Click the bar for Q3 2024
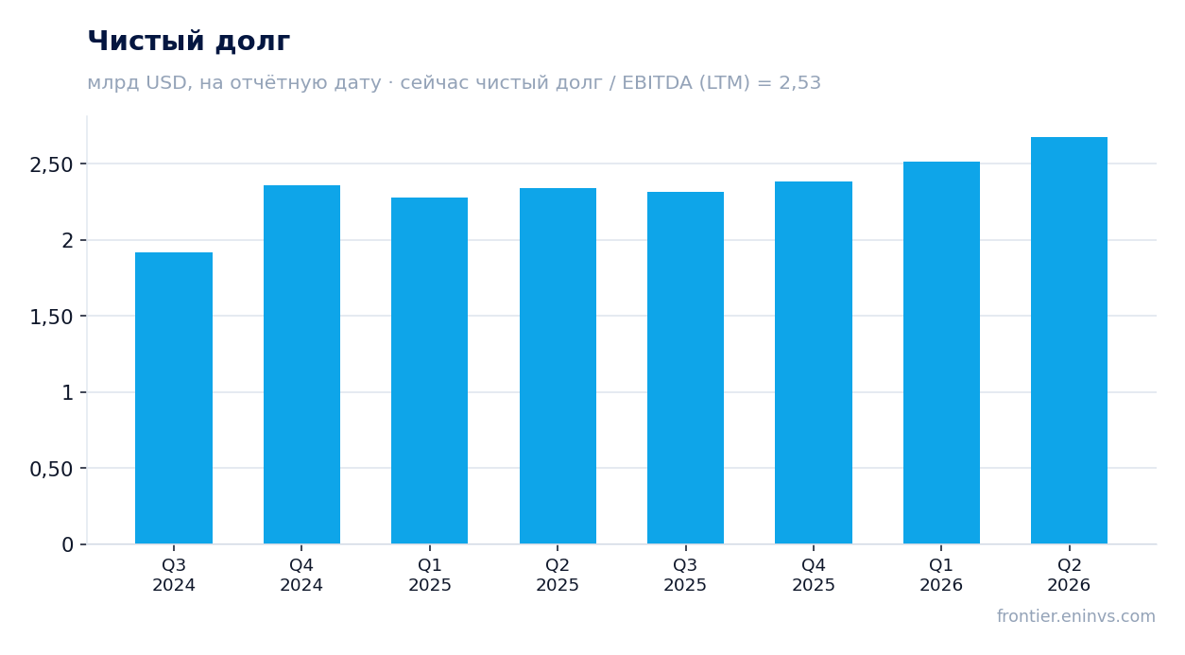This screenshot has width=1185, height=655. (174, 398)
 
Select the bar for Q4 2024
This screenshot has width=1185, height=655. (301, 365)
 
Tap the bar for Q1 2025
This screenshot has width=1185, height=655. (430, 371)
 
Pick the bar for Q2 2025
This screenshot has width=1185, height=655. (558, 366)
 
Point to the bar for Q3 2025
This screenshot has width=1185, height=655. (686, 368)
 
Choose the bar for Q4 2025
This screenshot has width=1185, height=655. (814, 362)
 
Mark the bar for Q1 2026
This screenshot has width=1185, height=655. (941, 353)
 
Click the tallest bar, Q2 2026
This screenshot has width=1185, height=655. (1069, 340)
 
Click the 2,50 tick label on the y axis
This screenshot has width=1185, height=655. (51, 165)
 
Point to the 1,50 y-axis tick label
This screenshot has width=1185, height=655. (51, 317)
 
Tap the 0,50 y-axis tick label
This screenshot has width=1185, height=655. (51, 470)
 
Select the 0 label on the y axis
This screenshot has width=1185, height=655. (67, 545)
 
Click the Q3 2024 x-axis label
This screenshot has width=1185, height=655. (174, 575)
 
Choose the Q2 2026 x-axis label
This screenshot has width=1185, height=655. (1069, 575)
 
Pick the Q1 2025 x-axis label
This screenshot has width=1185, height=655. (430, 575)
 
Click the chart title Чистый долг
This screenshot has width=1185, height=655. (188, 42)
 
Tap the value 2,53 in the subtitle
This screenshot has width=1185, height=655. (799, 82)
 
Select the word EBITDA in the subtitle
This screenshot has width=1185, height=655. (657, 82)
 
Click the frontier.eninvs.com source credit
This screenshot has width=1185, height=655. (1076, 616)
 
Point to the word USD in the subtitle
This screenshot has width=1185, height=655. (166, 82)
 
